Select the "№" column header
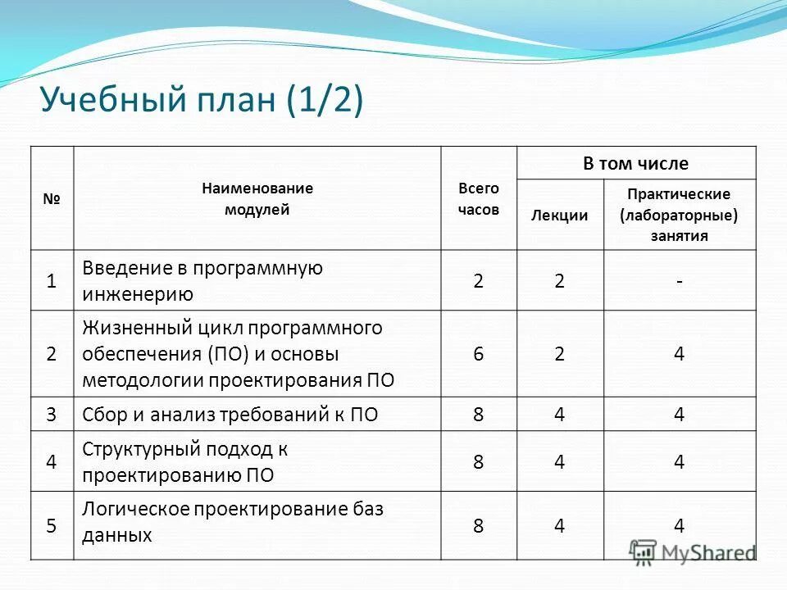coord(52,198)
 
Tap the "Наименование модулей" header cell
coord(257,198)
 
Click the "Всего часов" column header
coord(478,198)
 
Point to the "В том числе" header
coord(635,163)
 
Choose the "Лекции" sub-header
coord(559,216)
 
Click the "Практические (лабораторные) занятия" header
coord(679,215)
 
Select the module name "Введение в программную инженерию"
coord(202,280)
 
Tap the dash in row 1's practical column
coord(679,280)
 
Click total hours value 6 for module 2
coord(478,354)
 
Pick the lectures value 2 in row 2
coord(559,354)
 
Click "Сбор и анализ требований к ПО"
coord(230,415)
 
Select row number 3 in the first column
coord(52,415)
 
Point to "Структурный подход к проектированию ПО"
coord(185,462)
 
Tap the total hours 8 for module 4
coord(478,462)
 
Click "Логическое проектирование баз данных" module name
coord(233,522)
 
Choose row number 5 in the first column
coord(52,525)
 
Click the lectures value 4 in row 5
coord(559,525)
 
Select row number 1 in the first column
coord(52,280)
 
